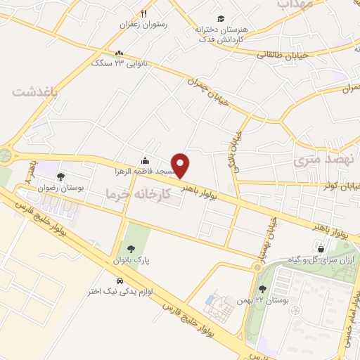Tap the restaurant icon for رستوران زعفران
[x=144, y=13]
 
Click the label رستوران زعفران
[x=146, y=24]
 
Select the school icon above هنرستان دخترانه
[x=221, y=19]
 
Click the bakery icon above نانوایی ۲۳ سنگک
[x=120, y=53]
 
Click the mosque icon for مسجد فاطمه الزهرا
[x=145, y=160]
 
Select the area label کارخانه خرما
[x=137, y=192]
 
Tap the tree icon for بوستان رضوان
[x=61, y=176]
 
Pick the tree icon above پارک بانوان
[x=130, y=248]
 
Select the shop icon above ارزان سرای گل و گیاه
[x=321, y=248]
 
